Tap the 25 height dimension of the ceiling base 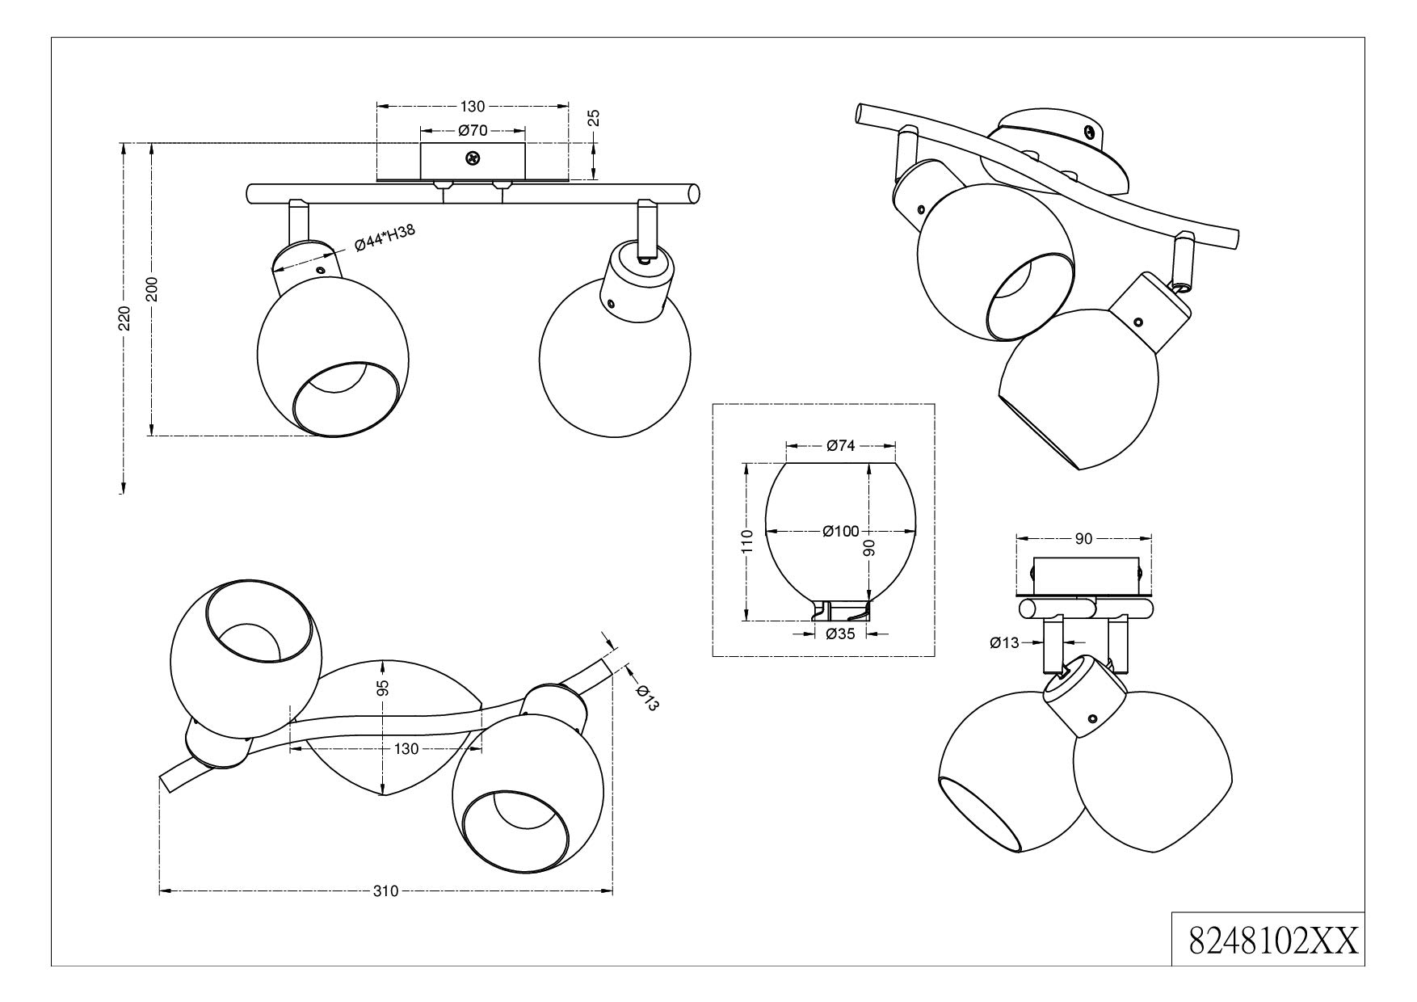click(594, 118)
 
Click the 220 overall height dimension click(124, 319)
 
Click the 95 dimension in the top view click(384, 688)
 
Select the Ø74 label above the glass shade click(841, 445)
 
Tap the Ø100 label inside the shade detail click(840, 531)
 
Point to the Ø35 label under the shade click(840, 634)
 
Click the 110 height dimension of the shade click(747, 541)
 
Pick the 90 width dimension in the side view click(1083, 538)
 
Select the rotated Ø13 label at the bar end click(647, 697)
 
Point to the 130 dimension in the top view click(406, 749)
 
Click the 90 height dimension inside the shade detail click(869, 549)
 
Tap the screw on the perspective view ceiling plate click(1091, 132)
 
